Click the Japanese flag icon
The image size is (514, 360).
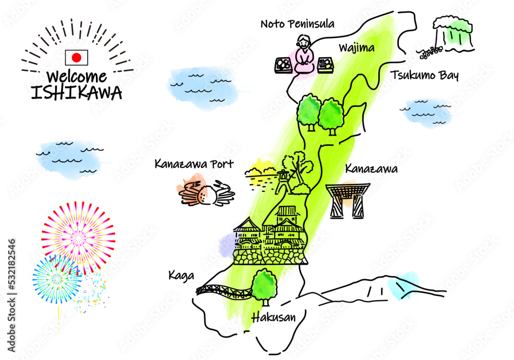pyautogui.click(x=76, y=57)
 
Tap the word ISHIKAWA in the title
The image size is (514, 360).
pyautogui.click(x=77, y=93)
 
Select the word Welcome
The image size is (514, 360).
pyautogui.click(x=77, y=77)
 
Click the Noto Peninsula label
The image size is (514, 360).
pyautogui.click(x=297, y=24)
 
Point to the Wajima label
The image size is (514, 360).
pyautogui.click(x=356, y=48)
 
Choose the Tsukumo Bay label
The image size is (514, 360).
pyautogui.click(x=424, y=76)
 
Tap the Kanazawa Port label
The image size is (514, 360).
pyautogui.click(x=194, y=165)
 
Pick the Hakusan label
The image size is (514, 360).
pyautogui.click(x=273, y=318)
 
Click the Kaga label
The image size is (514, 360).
pyautogui.click(x=181, y=276)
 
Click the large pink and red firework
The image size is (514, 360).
pyautogui.click(x=79, y=237)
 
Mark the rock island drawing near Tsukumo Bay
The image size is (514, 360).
pyautogui.click(x=452, y=33)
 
